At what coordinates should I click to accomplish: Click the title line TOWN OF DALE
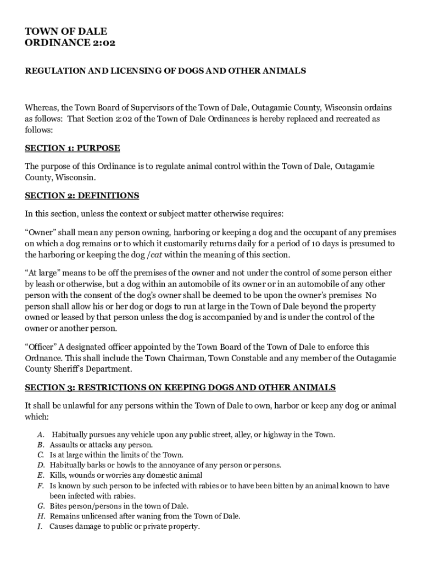(66, 31)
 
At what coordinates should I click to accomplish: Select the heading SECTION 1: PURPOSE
(73, 148)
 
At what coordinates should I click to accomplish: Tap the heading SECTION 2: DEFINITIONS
(82, 196)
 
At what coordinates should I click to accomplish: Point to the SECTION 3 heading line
(180, 388)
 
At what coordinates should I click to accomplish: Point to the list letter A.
(41, 435)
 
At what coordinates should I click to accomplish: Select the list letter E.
(41, 475)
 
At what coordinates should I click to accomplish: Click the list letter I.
(40, 526)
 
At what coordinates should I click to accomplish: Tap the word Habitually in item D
(68, 465)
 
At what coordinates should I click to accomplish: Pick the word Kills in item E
(58, 475)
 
